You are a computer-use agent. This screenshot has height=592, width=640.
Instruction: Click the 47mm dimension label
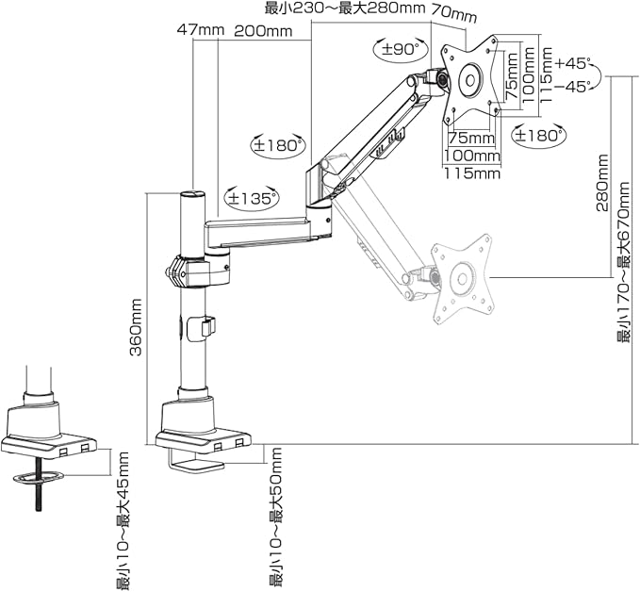point(201,30)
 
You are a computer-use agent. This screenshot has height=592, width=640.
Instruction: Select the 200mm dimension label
point(263,31)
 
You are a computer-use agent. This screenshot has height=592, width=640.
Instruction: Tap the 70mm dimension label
point(454,15)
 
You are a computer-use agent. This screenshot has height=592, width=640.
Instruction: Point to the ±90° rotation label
point(401,50)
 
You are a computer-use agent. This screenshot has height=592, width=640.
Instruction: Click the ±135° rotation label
point(252,199)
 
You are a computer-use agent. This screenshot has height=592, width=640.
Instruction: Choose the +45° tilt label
point(573,64)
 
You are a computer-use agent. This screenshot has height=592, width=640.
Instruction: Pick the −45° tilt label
point(573,87)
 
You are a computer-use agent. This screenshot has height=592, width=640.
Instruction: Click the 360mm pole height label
point(135,327)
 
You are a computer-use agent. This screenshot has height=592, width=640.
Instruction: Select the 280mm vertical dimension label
point(602,182)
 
